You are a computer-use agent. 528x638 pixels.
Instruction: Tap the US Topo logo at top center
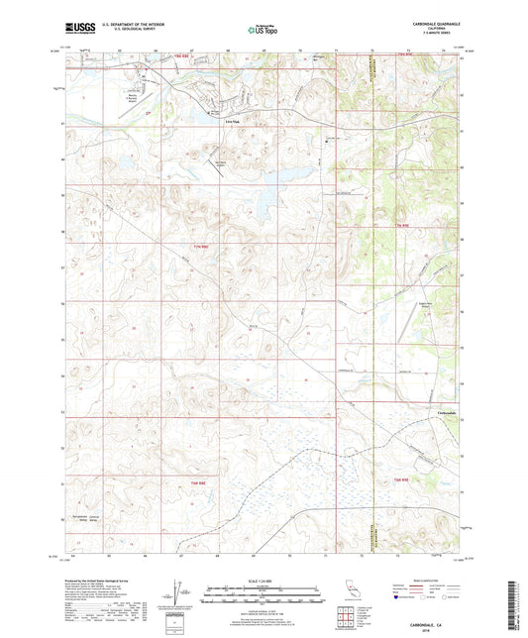click(x=263, y=31)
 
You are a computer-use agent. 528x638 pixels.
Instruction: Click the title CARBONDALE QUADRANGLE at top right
click(x=433, y=24)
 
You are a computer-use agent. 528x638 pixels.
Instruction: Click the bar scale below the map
click(x=263, y=595)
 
